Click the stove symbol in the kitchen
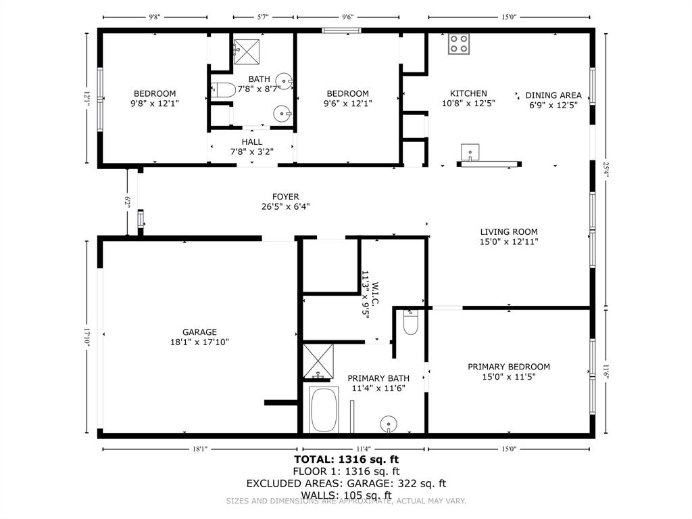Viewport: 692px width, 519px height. point(459,45)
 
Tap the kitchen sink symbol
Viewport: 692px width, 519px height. point(470,151)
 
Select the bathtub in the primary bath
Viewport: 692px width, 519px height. point(324,409)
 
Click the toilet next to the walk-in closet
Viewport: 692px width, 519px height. point(410,323)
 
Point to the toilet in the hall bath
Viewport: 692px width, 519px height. point(222,89)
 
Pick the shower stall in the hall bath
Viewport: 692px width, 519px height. point(247,51)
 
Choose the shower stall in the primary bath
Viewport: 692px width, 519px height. point(318,361)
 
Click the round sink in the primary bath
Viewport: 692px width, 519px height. point(389,424)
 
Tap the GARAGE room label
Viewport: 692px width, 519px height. point(199,332)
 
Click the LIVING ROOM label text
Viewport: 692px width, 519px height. point(509,231)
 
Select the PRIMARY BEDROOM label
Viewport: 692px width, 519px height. point(508,367)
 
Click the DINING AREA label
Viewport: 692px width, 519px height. point(553,95)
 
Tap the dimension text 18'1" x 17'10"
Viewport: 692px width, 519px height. point(199,342)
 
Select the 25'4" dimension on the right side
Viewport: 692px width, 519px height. point(606,168)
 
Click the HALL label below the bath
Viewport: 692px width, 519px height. point(251,141)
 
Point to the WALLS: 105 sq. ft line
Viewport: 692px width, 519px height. point(345,495)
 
